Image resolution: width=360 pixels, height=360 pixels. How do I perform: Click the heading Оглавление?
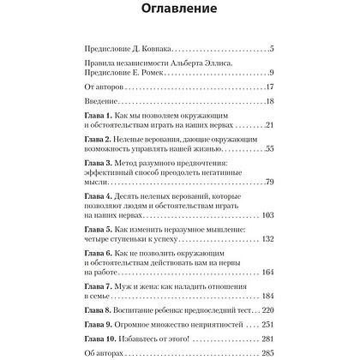pos(179,12)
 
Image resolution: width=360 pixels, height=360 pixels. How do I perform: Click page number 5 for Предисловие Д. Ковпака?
pos(270,51)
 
